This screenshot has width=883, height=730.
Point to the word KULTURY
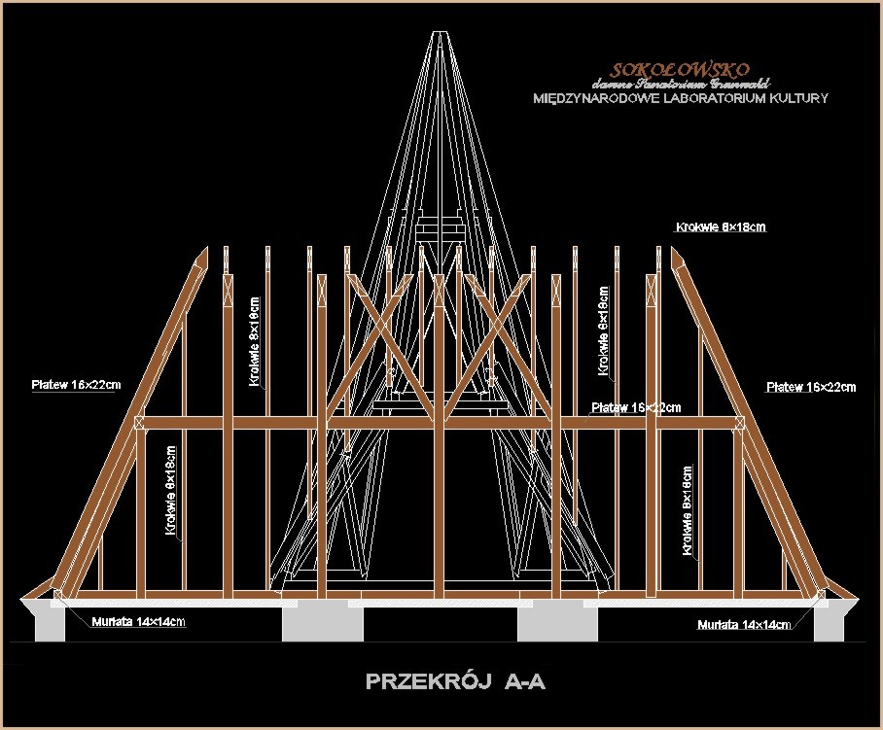798,98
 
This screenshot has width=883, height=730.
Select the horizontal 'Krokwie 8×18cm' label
721,227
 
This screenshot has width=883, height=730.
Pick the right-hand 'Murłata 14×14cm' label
744,624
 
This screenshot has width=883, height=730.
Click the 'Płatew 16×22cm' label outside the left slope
76,385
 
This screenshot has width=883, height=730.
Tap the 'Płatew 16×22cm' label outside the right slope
811,387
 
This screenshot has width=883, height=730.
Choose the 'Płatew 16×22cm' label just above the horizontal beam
636,407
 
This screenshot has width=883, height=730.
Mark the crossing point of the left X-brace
374,332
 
